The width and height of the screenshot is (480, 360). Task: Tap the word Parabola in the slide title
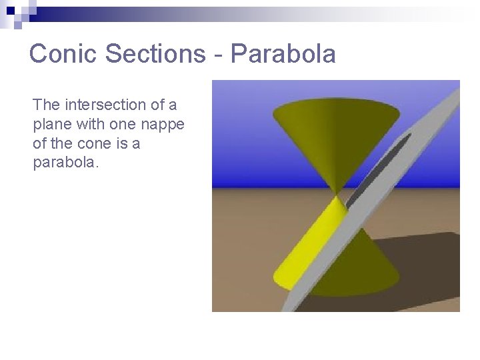[283, 53]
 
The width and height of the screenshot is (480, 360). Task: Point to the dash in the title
[218, 55]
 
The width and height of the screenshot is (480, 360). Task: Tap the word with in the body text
[91, 124]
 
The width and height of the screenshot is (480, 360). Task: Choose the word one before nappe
[128, 125]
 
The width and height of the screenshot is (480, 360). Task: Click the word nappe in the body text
[165, 125]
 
